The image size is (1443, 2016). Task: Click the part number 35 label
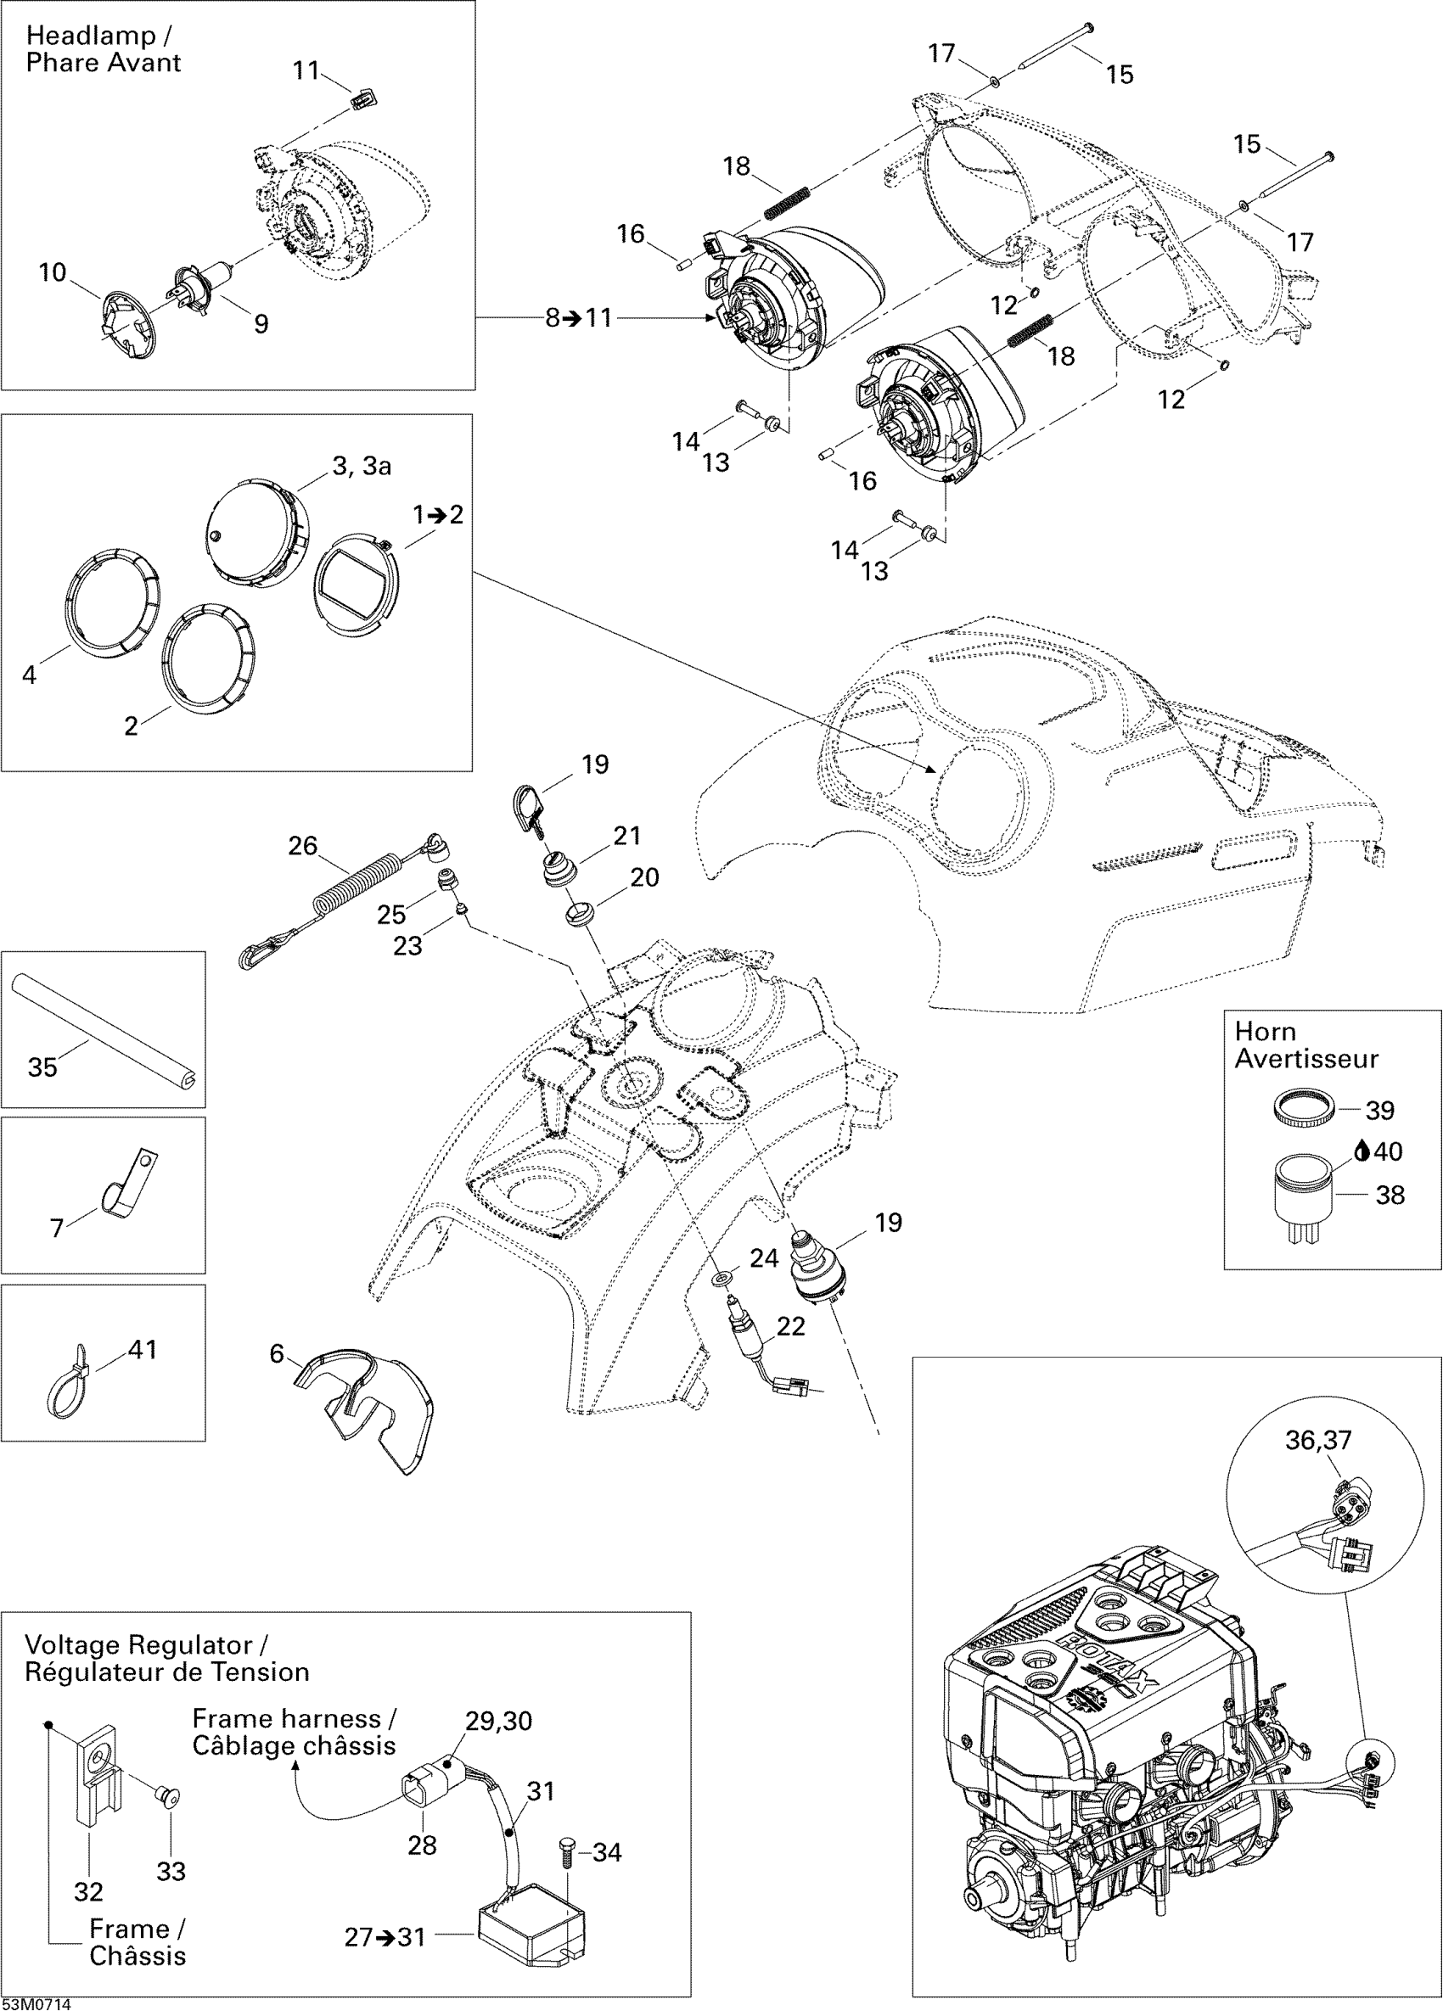[42, 1067]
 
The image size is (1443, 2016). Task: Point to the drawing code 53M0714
[36, 2005]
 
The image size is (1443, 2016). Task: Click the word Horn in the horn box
[1265, 1031]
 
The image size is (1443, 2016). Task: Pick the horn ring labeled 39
[1304, 1109]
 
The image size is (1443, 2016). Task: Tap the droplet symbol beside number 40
[1361, 1151]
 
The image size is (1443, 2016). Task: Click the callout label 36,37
[1317, 1440]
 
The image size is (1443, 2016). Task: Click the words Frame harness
[286, 1717]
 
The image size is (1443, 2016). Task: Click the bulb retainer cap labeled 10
[126, 328]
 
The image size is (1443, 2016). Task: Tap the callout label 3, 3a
[362, 467]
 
